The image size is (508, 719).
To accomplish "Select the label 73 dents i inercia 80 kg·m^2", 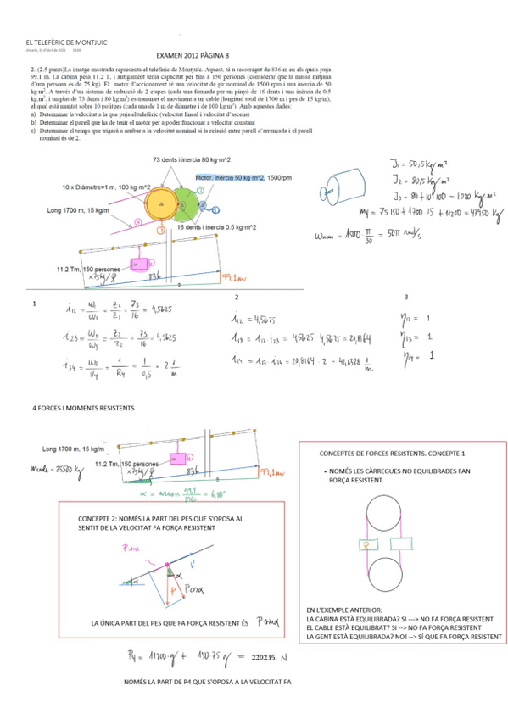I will (x=193, y=159).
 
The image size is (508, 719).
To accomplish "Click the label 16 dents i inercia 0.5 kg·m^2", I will (x=217, y=227).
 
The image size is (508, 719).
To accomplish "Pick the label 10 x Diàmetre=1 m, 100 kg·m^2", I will (x=106, y=187).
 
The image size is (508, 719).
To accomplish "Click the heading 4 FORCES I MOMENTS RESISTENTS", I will (x=83, y=409).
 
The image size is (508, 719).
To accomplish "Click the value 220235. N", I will (x=271, y=658).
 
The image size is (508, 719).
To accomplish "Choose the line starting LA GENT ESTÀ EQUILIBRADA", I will (x=404, y=637).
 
